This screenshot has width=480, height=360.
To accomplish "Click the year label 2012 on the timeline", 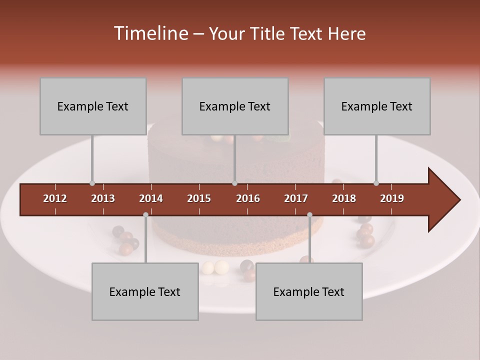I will coord(55,198).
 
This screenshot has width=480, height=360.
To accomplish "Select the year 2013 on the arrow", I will coord(103,198).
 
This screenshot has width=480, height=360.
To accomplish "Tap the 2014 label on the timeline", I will coord(151,198).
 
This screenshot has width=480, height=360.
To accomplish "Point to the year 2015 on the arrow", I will coord(199,198).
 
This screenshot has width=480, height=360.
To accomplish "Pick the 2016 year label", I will coord(248,198).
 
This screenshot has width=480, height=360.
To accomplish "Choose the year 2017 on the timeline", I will coord(296,198).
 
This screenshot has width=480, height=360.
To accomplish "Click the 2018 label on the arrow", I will coord(344,198).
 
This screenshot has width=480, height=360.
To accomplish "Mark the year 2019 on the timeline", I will coord(392,198).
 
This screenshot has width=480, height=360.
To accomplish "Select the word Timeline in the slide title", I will coord(150,33).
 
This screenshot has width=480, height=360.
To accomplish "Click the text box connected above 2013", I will coord(93,106).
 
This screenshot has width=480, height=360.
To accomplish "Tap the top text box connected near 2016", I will coord(235,106).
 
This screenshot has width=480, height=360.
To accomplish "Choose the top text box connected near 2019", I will coord(377,106).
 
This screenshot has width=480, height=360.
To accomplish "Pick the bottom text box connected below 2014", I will coord(145,291).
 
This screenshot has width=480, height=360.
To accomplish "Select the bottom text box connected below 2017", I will coord(309,291).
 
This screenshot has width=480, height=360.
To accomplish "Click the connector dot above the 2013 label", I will coord(92,183).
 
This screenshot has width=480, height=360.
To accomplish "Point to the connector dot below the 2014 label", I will coord(145,214).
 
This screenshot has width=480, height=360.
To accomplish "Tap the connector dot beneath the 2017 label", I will coord(309,214).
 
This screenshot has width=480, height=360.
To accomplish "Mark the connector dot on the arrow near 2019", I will coord(376,183).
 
